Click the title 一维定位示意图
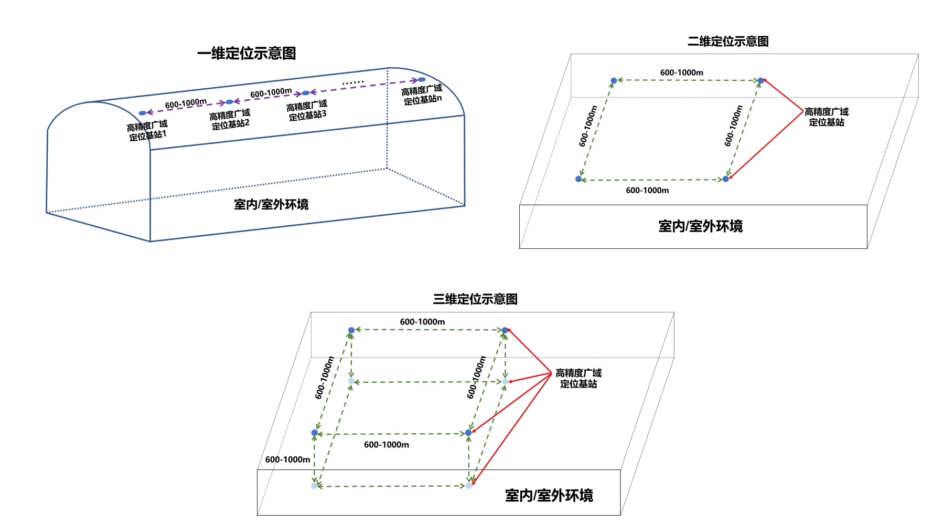(x=247, y=53)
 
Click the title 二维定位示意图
(x=728, y=41)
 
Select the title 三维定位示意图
(x=475, y=299)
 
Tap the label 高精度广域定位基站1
(x=147, y=130)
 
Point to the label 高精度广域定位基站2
(x=230, y=119)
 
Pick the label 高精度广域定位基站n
(x=422, y=95)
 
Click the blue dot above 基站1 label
(x=142, y=113)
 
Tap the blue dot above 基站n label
(x=422, y=80)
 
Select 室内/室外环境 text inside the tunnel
(x=271, y=204)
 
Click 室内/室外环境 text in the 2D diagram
(x=701, y=226)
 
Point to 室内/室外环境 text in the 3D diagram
(x=549, y=495)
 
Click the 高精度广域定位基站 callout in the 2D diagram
(x=827, y=117)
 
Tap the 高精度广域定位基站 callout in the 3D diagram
(x=579, y=378)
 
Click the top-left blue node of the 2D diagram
(x=614, y=81)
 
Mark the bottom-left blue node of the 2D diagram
(x=579, y=179)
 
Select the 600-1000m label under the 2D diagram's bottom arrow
(x=647, y=191)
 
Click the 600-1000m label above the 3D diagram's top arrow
(x=422, y=322)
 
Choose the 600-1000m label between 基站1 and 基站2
(x=186, y=103)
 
